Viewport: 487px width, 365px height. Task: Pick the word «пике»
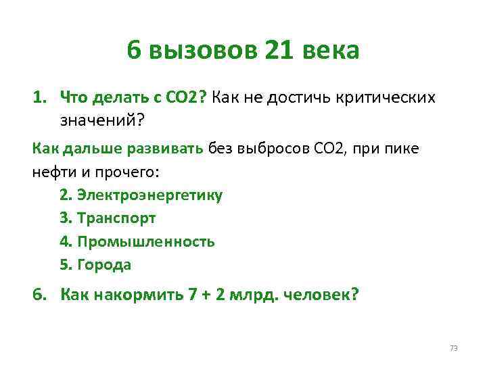pos(402,149)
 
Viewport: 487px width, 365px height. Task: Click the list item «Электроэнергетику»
pos(149,195)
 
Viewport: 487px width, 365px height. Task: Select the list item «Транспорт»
pos(116,218)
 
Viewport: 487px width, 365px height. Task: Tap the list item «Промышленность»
pos(146,242)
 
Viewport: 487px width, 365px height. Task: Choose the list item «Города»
pos(104,265)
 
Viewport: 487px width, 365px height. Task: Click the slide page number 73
pos(454,348)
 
